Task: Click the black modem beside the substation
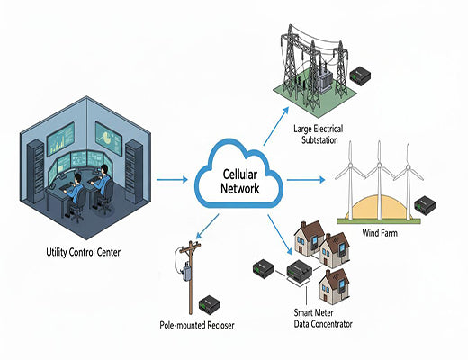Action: (x=361, y=74)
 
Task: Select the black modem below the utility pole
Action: (x=210, y=301)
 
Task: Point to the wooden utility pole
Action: (x=187, y=270)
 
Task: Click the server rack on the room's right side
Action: (x=135, y=171)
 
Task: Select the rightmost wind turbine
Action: (x=409, y=180)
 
